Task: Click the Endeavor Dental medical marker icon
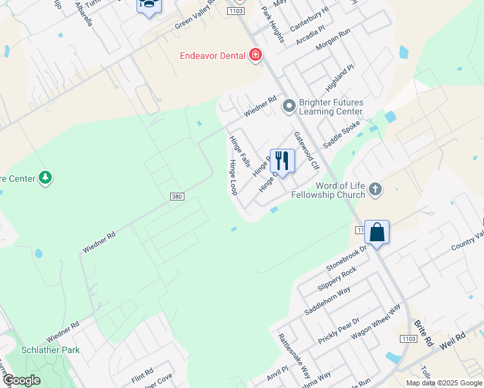point(256,55)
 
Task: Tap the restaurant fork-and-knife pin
point(282,160)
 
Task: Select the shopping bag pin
point(377,232)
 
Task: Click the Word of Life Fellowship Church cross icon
point(376,189)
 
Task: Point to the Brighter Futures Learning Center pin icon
point(289,105)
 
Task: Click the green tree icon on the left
point(45,177)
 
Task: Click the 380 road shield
point(178,196)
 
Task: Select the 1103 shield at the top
point(236,12)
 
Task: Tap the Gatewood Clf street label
point(307,151)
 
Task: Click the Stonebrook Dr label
point(347,257)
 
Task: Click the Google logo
point(21,380)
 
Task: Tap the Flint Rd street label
point(142,373)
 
